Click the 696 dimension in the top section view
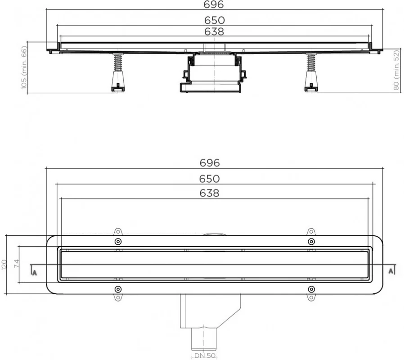(x=214, y=4)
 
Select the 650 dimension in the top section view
(x=214, y=20)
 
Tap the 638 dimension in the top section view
(x=214, y=31)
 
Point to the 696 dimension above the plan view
(x=210, y=163)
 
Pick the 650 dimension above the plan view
(x=210, y=179)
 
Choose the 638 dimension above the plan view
(x=210, y=193)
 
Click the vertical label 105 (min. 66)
(x=24, y=67)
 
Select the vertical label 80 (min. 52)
(x=396, y=70)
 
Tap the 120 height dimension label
(x=4, y=265)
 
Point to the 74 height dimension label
(x=17, y=264)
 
